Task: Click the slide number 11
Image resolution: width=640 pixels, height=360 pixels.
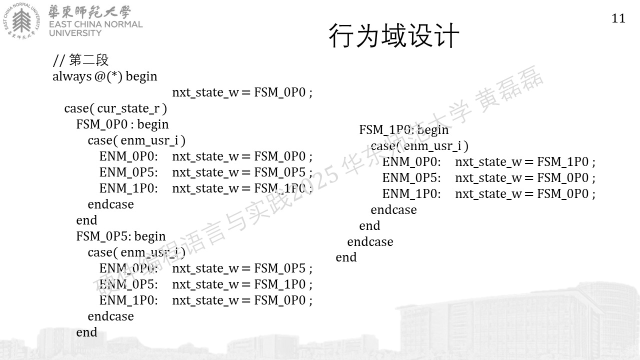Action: pyautogui.click(x=618, y=18)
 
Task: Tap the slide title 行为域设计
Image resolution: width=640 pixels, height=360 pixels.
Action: pyautogui.click(x=393, y=35)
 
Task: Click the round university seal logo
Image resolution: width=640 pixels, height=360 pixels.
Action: pyautogui.click(x=21, y=20)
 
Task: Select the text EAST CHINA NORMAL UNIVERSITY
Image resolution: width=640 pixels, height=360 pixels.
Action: pyautogui.click(x=95, y=28)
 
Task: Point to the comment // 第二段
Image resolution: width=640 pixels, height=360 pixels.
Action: pyautogui.click(x=80, y=60)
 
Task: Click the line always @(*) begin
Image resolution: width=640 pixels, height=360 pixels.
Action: pyautogui.click(x=105, y=76)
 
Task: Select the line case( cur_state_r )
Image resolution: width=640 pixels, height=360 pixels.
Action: pyautogui.click(x=115, y=108)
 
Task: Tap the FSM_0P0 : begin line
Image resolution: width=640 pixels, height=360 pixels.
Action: pyautogui.click(x=122, y=124)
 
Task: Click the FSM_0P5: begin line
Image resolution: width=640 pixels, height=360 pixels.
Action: pyautogui.click(x=121, y=236)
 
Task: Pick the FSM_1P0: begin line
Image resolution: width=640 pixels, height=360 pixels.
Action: pyautogui.click(x=403, y=130)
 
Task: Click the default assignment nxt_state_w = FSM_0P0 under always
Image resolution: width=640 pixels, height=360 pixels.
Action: pyautogui.click(x=242, y=92)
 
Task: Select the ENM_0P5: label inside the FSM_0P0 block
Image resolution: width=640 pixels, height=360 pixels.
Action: pyautogui.click(x=128, y=172)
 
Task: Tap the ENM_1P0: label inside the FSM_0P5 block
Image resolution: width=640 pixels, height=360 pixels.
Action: pyautogui.click(x=128, y=300)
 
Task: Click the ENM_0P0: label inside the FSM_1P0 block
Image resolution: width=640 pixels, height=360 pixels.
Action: pyautogui.click(x=411, y=162)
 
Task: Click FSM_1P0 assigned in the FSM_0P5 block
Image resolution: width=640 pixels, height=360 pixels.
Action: pyautogui.click(x=280, y=284)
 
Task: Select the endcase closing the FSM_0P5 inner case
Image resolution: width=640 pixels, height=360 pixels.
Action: pyautogui.click(x=110, y=316)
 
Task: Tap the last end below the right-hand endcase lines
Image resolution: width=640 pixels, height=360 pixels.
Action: pyautogui.click(x=346, y=257)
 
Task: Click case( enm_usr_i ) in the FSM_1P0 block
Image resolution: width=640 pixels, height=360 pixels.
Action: pyautogui.click(x=419, y=146)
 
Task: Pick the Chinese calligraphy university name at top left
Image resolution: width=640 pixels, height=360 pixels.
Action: pyautogui.click(x=89, y=11)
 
